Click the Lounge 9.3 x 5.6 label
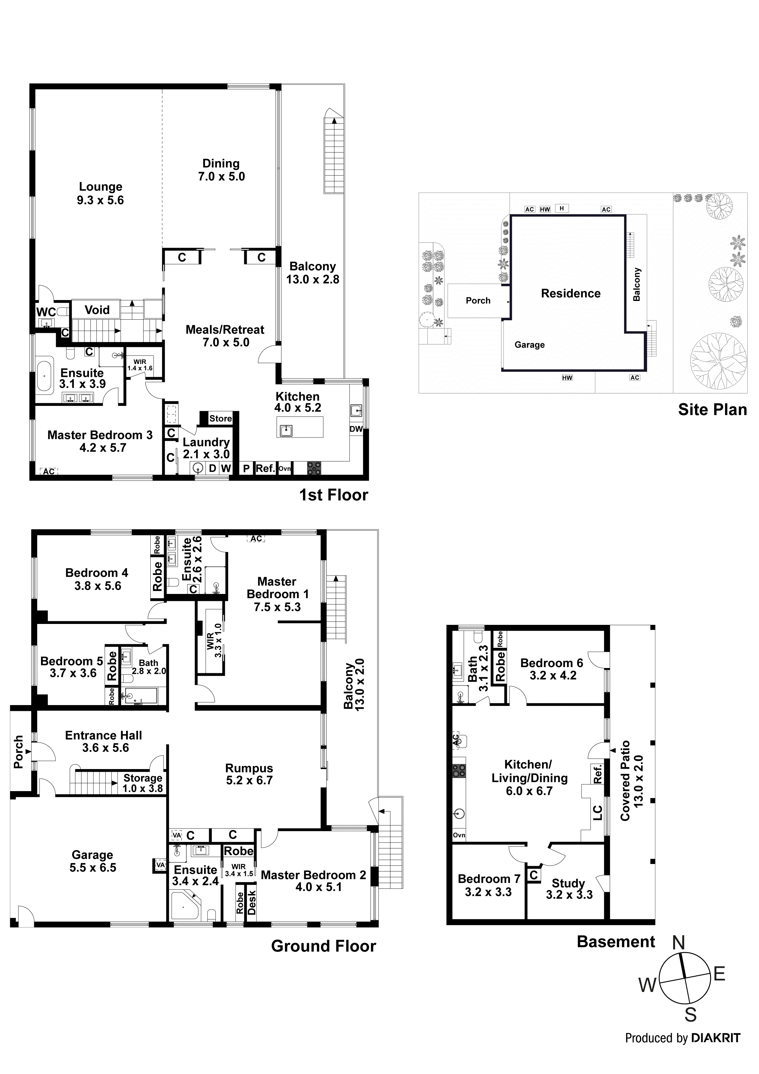[101, 193]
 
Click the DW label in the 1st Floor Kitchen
[356, 429]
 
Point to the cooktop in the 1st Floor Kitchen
[314, 468]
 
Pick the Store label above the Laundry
[220, 418]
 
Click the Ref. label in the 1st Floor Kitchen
[265, 468]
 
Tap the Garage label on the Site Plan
[529, 345]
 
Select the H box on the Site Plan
[562, 208]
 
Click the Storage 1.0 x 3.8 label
[143, 783]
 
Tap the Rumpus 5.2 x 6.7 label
[249, 774]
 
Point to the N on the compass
[679, 943]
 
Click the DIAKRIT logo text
[716, 1038]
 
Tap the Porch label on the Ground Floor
[19, 752]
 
